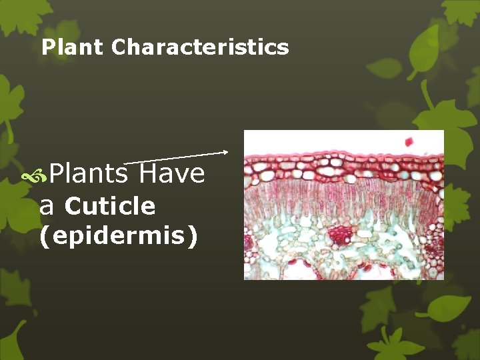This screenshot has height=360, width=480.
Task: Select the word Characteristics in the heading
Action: click(x=200, y=47)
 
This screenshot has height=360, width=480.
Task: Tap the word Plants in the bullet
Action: click(x=88, y=173)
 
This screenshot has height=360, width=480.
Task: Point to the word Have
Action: click(x=173, y=173)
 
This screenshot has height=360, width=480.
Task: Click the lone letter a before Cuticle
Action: click(x=46, y=207)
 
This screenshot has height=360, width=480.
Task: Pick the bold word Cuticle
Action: click(x=110, y=207)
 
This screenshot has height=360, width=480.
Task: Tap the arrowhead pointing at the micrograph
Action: click(x=225, y=152)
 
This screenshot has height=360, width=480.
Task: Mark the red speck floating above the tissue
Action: click(x=409, y=141)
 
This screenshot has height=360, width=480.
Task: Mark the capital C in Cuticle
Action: click(x=73, y=207)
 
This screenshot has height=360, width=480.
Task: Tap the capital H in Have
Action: click(x=149, y=173)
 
